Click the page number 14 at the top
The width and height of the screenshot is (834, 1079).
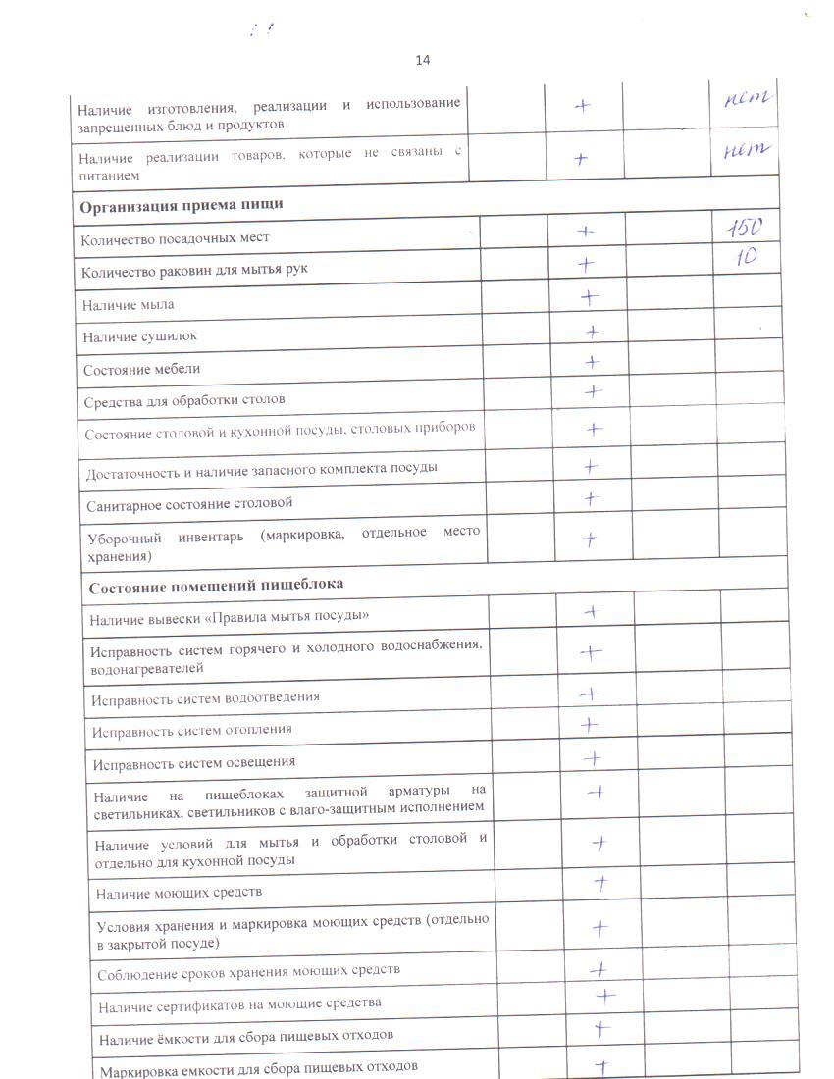tap(423, 60)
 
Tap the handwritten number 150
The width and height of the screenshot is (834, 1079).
tap(744, 228)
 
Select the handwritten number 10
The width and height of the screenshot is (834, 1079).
tap(744, 260)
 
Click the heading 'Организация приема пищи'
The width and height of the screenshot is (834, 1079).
tap(182, 205)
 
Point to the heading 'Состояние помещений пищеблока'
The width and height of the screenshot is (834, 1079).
tap(216, 586)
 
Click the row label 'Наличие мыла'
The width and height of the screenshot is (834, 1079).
tap(129, 305)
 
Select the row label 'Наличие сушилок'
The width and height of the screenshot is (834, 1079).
tap(140, 336)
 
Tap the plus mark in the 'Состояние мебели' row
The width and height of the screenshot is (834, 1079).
tap(592, 362)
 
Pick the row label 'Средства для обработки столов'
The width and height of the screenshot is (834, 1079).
tap(184, 401)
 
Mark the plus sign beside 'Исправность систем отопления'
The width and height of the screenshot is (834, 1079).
tap(589, 725)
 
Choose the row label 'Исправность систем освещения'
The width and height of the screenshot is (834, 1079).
tap(193, 762)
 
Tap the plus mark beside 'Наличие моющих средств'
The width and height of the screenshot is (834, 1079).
tap(600, 883)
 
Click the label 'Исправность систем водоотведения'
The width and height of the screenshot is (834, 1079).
tap(205, 697)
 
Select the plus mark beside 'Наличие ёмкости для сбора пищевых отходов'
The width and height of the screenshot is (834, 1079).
tap(601, 1029)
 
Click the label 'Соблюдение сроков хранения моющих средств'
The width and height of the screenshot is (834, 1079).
tap(249, 971)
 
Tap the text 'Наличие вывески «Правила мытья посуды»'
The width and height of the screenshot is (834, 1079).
tap(230, 616)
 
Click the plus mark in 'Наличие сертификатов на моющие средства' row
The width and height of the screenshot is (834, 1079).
tap(604, 996)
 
